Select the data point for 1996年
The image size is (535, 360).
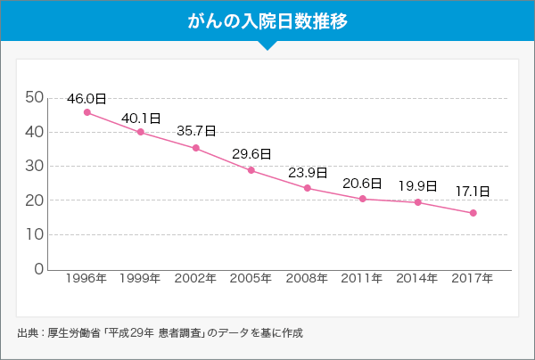pyautogui.click(x=86, y=112)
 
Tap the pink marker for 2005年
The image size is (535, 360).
pyautogui.click(x=251, y=170)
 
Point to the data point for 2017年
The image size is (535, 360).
pyautogui.click(x=473, y=213)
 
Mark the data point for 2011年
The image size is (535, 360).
pyautogui.click(x=362, y=199)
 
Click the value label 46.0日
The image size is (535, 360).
pyautogui.click(x=86, y=97)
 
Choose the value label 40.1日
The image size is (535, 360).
pyautogui.click(x=141, y=118)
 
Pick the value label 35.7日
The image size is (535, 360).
pyautogui.click(x=196, y=131)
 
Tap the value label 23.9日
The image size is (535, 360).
pyautogui.click(x=307, y=173)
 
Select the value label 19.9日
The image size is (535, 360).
pyautogui.click(x=417, y=186)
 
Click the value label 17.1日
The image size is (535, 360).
pyautogui.click(x=473, y=191)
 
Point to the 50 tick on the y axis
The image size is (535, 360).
pyautogui.click(x=33, y=97)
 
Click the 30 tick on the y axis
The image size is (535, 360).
pyautogui.click(x=33, y=166)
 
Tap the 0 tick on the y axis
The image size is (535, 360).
pyautogui.click(x=38, y=269)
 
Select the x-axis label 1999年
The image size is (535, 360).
pyautogui.click(x=141, y=279)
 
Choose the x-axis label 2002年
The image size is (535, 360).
pyautogui.click(x=196, y=279)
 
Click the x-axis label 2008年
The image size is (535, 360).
pyautogui.click(x=307, y=279)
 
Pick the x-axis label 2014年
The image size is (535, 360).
pyautogui.click(x=417, y=279)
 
